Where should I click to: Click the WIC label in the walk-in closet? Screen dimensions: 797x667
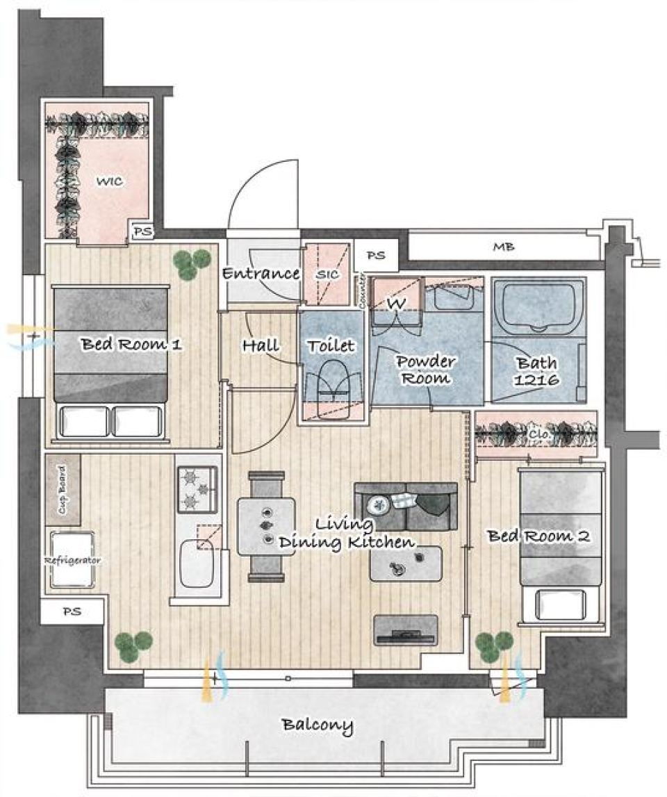tap(109, 182)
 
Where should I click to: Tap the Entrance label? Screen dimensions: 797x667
tap(260, 274)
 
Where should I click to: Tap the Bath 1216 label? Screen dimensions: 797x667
tap(535, 370)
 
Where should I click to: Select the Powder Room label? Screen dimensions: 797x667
tap(425, 370)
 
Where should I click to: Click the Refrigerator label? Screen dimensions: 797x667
tap(73, 560)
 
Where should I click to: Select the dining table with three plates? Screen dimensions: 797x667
tap(267, 525)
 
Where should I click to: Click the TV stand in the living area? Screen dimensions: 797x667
tap(405, 630)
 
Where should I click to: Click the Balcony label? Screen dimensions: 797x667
tap(317, 726)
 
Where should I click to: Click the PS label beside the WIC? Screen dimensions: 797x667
tap(142, 233)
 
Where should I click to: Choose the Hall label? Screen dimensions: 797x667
tap(261, 345)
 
